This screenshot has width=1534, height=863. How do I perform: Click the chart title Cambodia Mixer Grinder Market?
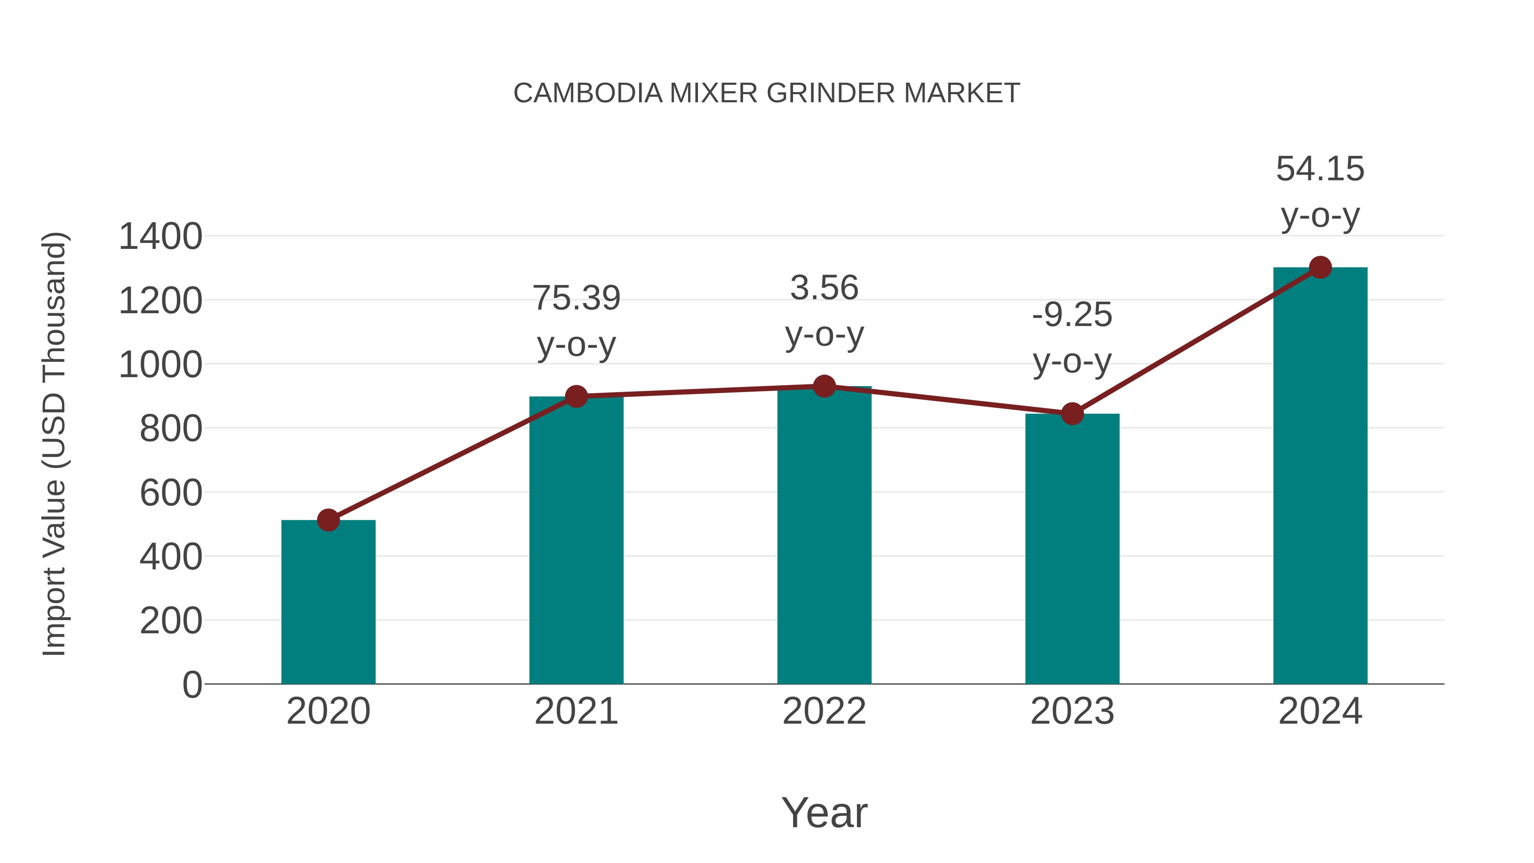click(x=767, y=93)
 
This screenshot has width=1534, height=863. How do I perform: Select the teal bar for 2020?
click(x=328, y=601)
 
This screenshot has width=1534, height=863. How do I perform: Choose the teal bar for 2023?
click(x=1072, y=548)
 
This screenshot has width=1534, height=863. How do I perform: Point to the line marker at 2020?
click(x=328, y=520)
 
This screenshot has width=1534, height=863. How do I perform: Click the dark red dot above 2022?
click(x=824, y=386)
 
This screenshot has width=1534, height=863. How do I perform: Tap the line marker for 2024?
click(x=1320, y=267)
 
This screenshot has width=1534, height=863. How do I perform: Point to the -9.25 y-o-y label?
click(x=1072, y=337)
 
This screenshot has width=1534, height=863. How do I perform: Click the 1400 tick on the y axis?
click(x=160, y=237)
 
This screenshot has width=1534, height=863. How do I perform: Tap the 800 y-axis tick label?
click(x=170, y=428)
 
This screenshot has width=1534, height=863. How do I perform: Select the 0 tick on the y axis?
click(x=192, y=684)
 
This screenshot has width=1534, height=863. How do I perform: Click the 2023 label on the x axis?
click(x=1072, y=711)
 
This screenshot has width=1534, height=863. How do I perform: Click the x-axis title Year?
click(x=824, y=812)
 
